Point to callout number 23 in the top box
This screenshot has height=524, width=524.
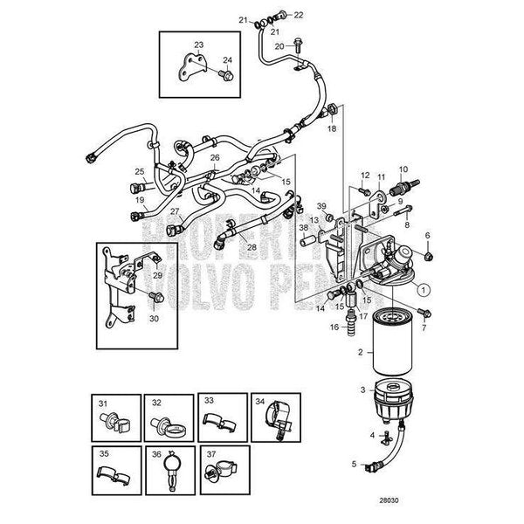click(198, 45)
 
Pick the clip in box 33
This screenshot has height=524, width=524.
click(219, 420)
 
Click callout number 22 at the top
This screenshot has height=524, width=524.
click(299, 15)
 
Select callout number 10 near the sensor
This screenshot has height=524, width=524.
click(403, 169)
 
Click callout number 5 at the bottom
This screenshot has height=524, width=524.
click(355, 464)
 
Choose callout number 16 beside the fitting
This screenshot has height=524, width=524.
click(334, 327)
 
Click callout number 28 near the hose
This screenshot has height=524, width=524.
click(251, 248)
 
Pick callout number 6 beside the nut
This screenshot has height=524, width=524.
click(427, 235)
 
